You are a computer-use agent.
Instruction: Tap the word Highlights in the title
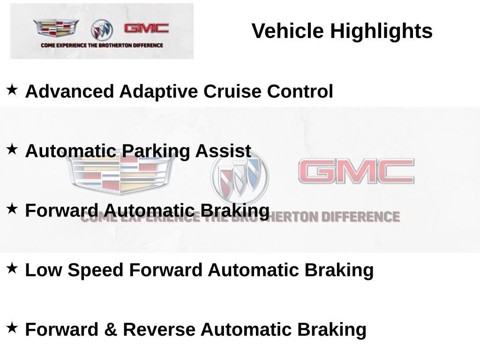(381, 31)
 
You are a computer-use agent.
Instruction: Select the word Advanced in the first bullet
(69, 91)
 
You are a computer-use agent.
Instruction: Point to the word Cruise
(232, 91)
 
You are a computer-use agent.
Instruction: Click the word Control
(300, 91)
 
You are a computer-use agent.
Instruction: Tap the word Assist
(223, 151)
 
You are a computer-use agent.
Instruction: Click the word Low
(43, 270)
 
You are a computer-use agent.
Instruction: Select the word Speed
(96, 270)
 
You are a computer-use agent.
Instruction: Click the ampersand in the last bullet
(111, 330)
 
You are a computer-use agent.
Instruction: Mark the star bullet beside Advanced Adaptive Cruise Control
(12, 89)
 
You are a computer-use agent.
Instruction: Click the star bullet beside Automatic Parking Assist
(12, 149)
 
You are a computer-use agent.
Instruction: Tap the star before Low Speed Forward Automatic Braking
(12, 268)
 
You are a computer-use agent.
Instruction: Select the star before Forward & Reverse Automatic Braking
(12, 327)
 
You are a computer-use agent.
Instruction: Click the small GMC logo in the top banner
(146, 29)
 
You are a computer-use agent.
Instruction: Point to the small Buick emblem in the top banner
(102, 30)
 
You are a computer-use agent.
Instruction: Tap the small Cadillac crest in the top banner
(56, 28)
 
